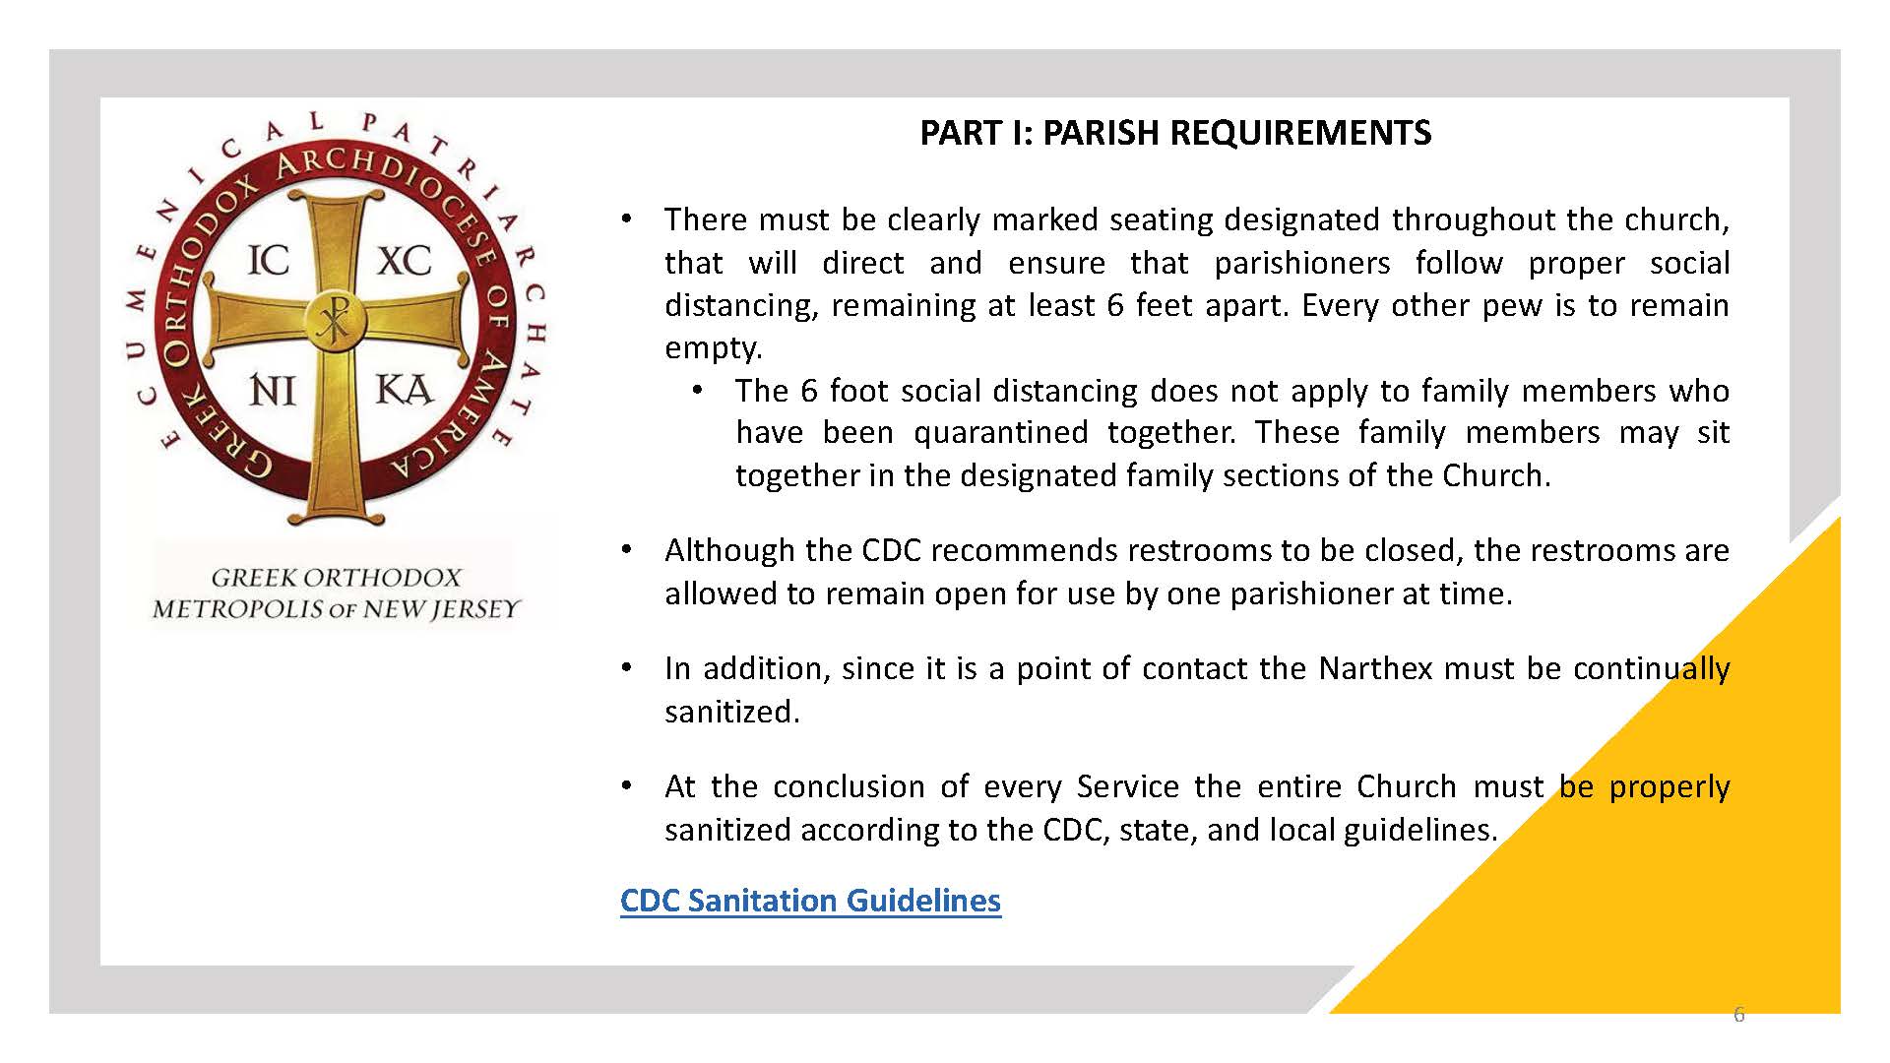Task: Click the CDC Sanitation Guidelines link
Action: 810,901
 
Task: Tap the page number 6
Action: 1738,1015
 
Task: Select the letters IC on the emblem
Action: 268,261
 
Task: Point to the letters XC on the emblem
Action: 405,261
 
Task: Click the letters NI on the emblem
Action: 273,391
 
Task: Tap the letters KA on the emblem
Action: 404,391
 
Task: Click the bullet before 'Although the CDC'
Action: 626,549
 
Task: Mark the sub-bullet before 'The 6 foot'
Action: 697,390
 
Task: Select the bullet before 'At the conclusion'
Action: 626,785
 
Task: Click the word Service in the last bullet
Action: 1128,786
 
